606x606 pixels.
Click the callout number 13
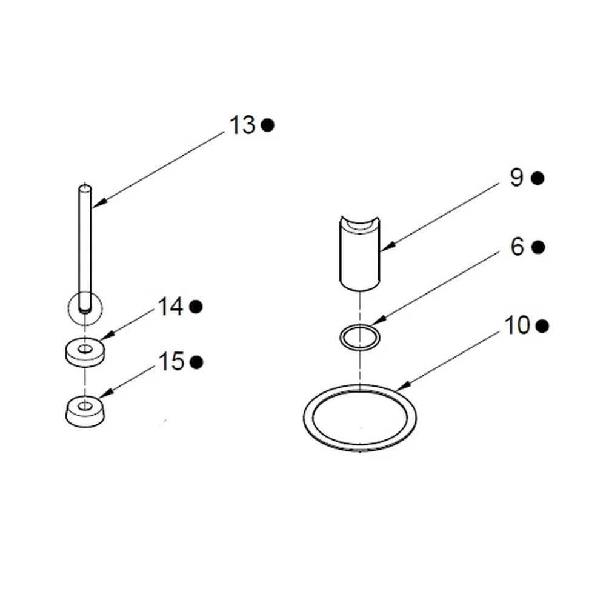point(242,125)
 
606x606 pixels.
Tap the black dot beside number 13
point(267,125)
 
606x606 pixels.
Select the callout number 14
point(170,307)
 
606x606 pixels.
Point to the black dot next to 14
point(196,307)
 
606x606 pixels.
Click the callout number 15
point(171,362)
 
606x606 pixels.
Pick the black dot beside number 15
point(196,362)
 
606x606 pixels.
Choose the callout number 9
point(517,178)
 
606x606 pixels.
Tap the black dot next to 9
point(537,178)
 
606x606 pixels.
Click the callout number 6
point(517,246)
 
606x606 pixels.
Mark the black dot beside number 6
point(538,247)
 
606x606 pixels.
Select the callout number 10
point(517,325)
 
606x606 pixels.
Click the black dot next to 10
point(542,326)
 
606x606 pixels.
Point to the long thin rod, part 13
point(85,247)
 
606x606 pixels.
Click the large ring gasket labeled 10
point(308,418)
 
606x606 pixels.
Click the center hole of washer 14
point(85,349)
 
